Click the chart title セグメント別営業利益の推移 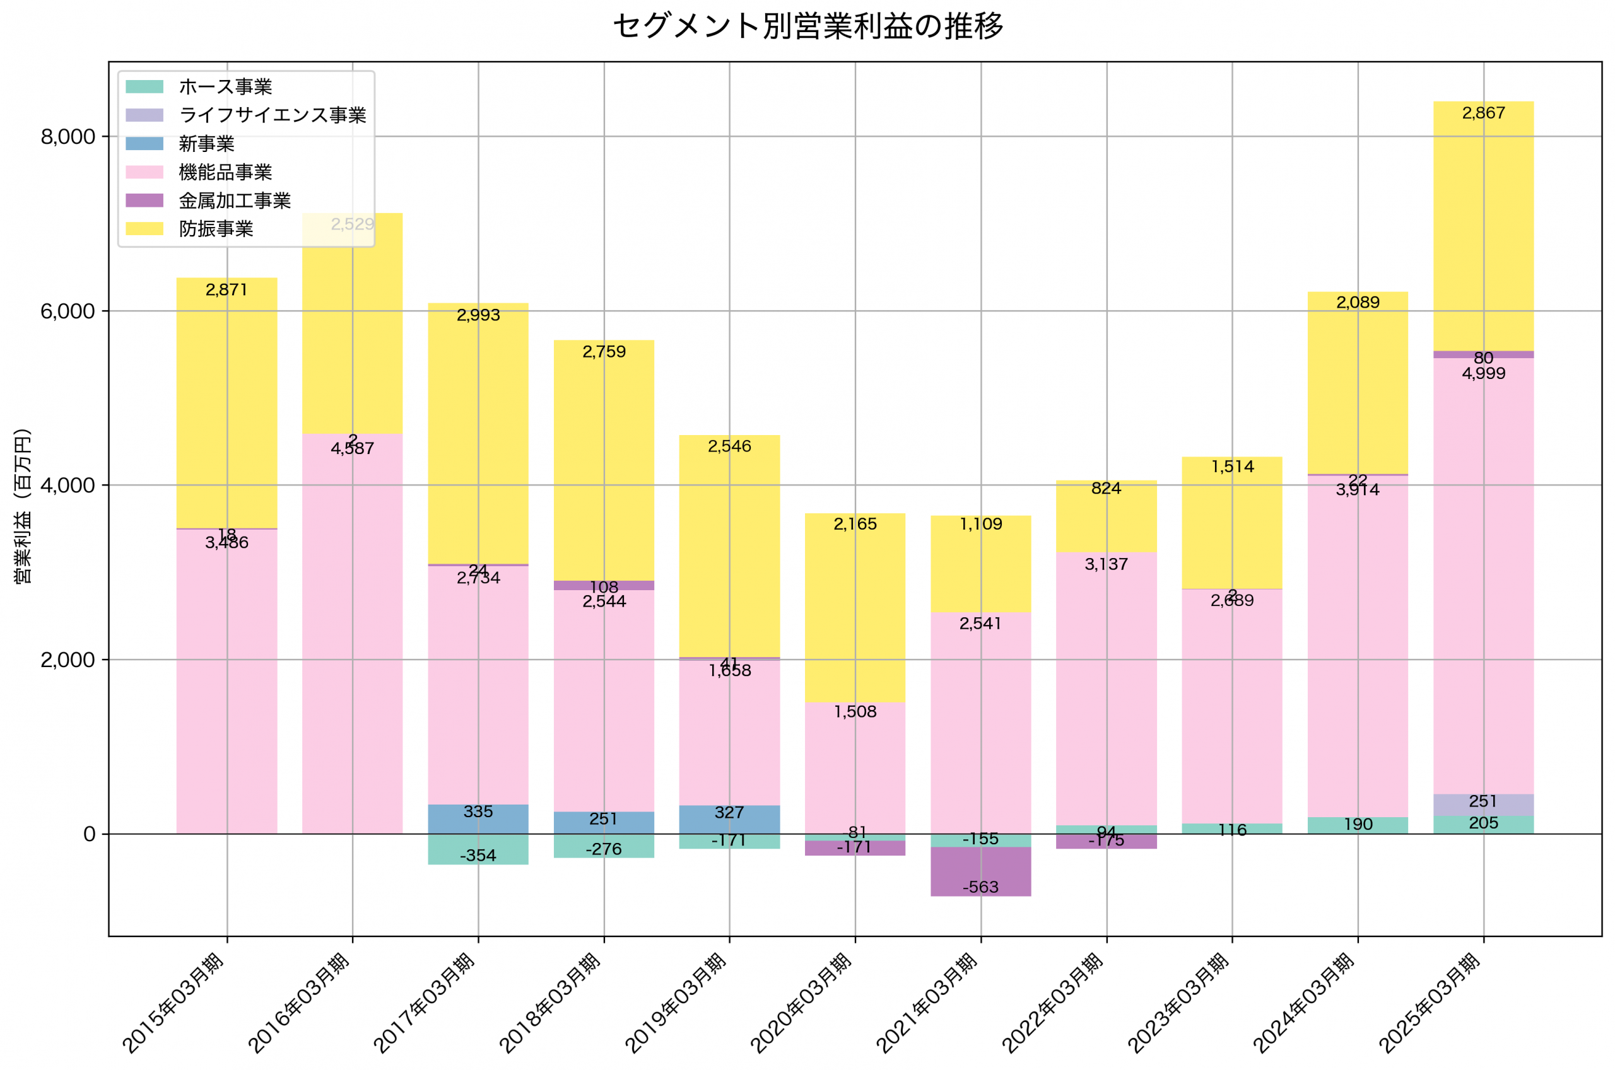(807, 26)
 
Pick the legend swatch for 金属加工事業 (144, 200)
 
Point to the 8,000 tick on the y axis (68, 136)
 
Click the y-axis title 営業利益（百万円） (23, 506)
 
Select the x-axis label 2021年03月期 (929, 1003)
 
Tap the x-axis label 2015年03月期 (175, 1003)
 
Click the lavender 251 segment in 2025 (1483, 805)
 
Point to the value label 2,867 (1483, 113)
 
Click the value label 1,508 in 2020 (855, 712)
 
